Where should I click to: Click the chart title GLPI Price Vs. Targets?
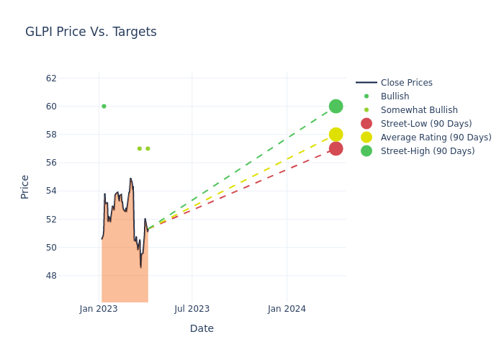91,32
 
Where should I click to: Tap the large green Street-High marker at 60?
336,107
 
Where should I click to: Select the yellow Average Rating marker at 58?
336,135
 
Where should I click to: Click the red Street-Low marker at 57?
336,149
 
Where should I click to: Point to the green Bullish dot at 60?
104,107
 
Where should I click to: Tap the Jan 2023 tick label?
99,309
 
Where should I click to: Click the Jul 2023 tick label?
192,309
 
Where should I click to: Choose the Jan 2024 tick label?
287,309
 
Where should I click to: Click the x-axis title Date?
202,328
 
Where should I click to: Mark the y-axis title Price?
25,186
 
